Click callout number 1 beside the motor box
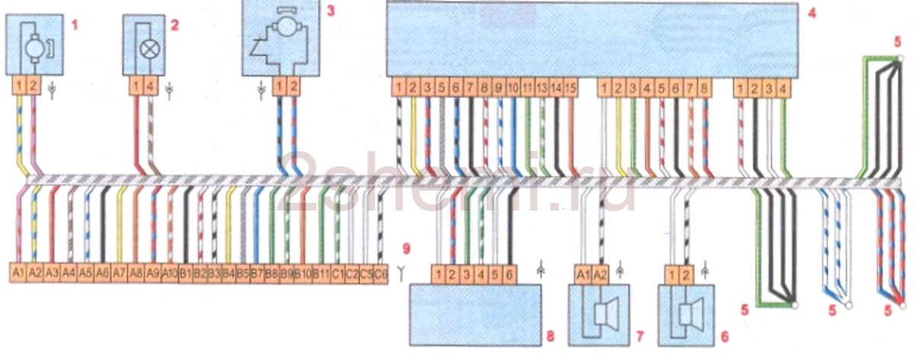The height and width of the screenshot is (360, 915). tap(74, 25)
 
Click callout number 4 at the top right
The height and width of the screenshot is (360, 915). tap(812, 13)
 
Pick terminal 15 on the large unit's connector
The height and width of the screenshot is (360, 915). tap(570, 88)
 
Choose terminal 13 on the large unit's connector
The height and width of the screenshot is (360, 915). tap(541, 88)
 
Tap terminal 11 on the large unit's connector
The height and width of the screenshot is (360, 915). tap(527, 88)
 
